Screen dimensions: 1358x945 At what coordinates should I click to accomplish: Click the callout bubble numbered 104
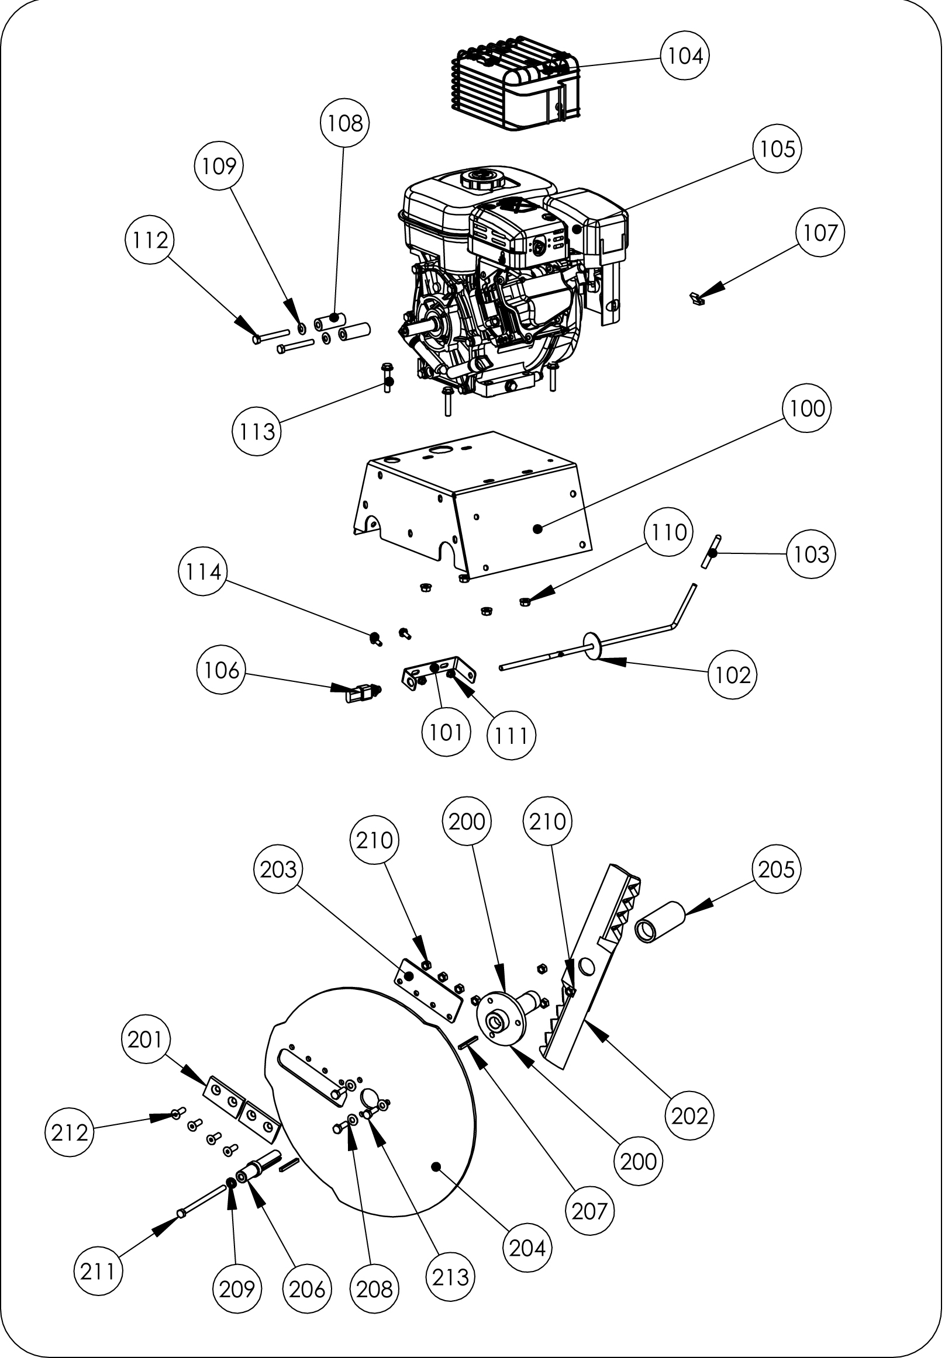click(x=685, y=56)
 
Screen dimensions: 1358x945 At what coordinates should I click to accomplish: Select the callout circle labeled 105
click(x=777, y=148)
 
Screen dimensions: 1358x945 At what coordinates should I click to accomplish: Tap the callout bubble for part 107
click(x=819, y=233)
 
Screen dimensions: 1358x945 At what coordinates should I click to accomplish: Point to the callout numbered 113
click(x=256, y=432)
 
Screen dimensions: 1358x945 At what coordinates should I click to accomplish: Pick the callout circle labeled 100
click(x=807, y=408)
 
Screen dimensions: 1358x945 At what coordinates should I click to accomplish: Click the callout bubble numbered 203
click(x=278, y=869)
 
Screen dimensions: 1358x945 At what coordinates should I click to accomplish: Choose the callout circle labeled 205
click(x=777, y=869)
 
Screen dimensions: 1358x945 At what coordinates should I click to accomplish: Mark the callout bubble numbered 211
click(x=98, y=1271)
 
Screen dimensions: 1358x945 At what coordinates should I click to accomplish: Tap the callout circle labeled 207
click(x=590, y=1211)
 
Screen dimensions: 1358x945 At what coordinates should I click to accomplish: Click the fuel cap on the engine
click(x=480, y=178)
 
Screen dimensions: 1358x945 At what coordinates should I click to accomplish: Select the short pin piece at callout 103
click(x=712, y=551)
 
